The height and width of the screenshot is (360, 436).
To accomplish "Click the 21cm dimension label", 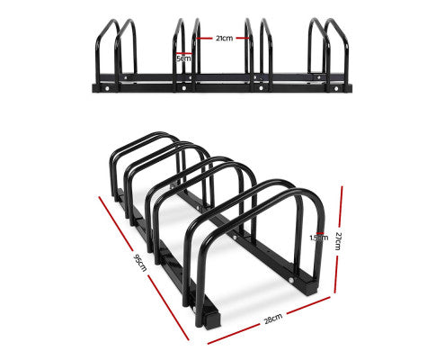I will tap(224, 39).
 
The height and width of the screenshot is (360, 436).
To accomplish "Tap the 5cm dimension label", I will tap(183, 58).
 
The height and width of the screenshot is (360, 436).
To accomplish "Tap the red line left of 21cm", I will tap(205, 39).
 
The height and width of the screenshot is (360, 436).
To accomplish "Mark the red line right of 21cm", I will tap(244, 39).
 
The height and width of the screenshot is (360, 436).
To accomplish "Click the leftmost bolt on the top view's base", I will tap(108, 88).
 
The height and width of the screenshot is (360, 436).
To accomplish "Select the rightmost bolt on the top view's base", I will tap(339, 88).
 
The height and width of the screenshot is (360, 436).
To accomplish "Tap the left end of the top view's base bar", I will tap(90, 88).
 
